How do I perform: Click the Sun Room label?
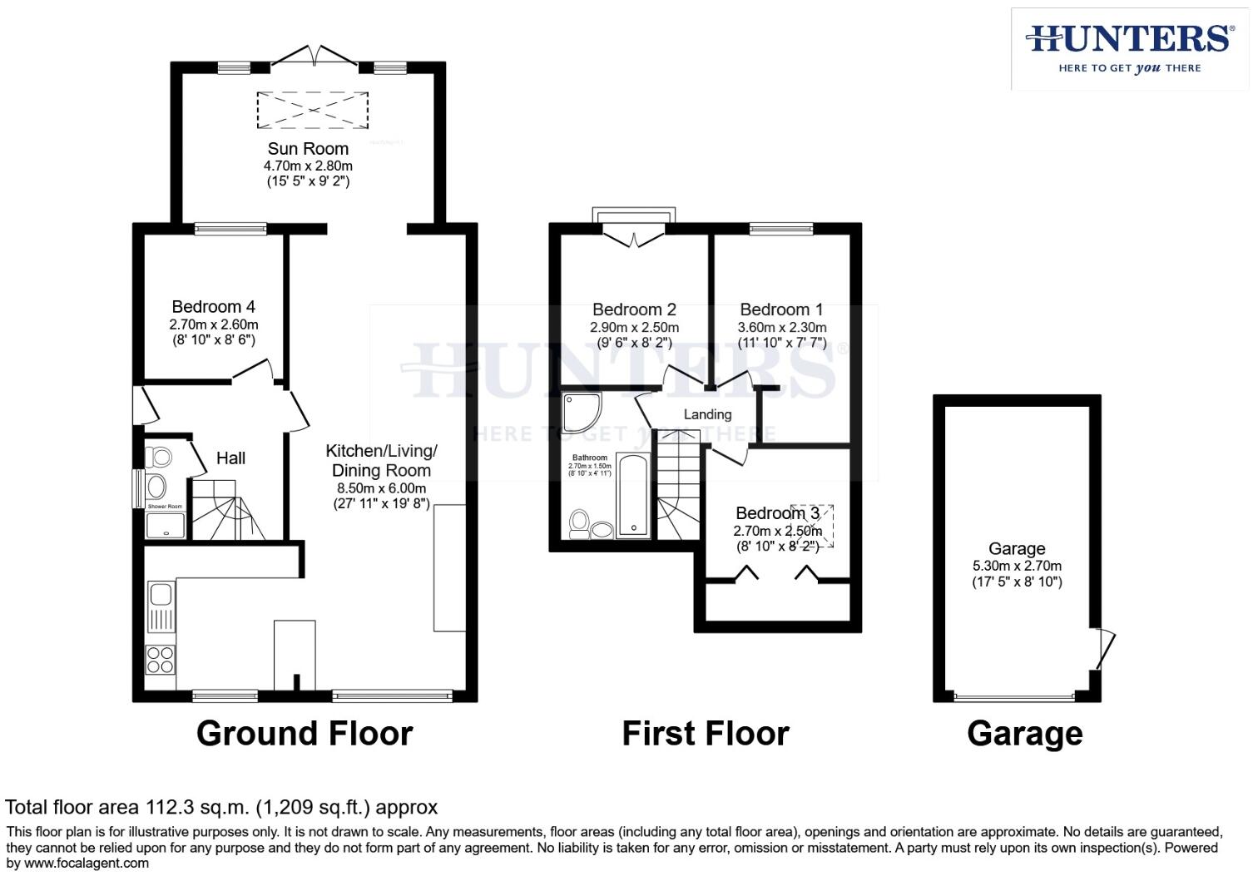coord(308,149)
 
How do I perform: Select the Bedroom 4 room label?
coord(213,307)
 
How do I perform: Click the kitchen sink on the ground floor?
coord(161,594)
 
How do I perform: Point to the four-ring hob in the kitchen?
coord(160,659)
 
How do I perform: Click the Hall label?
coord(230,458)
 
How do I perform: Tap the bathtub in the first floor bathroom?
coord(634,496)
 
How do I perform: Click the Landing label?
coord(707,414)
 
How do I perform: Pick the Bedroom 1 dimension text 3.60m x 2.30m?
coord(781,328)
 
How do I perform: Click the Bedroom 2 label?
coord(634,310)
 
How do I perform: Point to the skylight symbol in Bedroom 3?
coord(812,526)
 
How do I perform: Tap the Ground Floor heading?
coord(305,734)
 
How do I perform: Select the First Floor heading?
coord(706,734)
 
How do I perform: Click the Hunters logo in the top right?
coord(1129,48)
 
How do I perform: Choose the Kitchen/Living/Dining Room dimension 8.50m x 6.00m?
coord(381,489)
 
